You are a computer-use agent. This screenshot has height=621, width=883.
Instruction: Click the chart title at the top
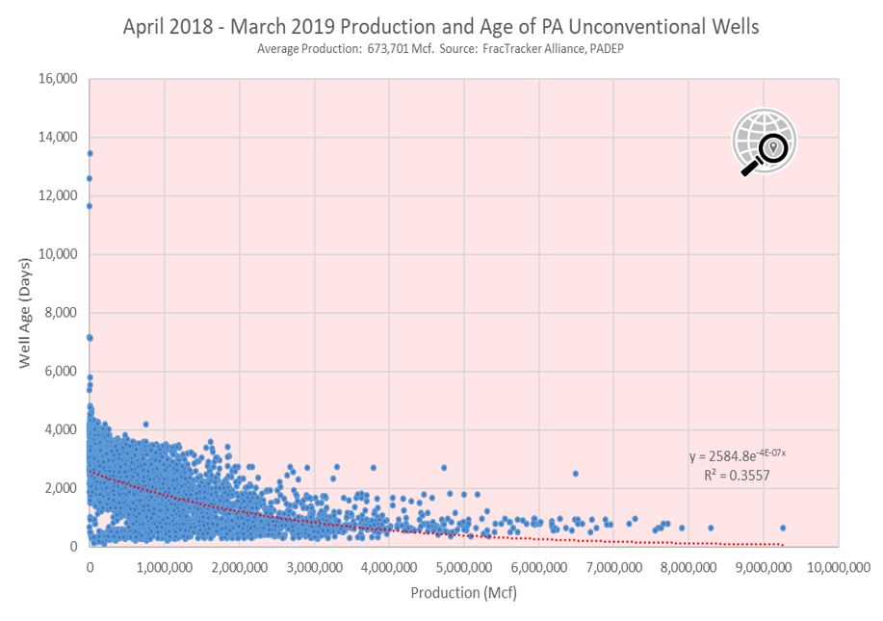(441, 26)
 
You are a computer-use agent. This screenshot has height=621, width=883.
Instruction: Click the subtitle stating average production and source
(440, 49)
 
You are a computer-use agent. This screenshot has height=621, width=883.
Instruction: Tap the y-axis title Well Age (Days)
(25, 313)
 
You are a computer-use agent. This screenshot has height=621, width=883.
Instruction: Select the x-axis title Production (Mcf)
(463, 592)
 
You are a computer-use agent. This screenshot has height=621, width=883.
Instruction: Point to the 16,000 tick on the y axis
(58, 79)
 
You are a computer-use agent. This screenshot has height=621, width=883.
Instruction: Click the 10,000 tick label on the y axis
(58, 254)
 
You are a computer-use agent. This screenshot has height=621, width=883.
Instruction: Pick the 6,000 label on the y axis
(61, 371)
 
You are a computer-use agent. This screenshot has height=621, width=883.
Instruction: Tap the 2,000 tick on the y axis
(61, 488)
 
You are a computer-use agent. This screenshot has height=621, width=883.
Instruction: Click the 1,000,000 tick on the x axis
(165, 567)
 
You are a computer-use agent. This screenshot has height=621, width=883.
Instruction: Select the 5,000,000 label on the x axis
(464, 567)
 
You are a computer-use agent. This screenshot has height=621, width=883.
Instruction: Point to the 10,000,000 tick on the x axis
(839, 567)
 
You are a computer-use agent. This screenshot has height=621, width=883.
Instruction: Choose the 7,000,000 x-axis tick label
(613, 567)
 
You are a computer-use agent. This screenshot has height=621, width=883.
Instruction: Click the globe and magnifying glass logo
(765, 142)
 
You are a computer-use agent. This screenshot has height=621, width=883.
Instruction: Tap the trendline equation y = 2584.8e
(738, 454)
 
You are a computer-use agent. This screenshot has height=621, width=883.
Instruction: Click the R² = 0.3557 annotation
(737, 476)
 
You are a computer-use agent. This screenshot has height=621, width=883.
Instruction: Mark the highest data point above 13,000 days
(90, 154)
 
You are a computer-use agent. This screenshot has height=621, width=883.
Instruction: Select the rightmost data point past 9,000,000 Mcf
(783, 529)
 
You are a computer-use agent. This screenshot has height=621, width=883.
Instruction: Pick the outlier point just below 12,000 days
(89, 206)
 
